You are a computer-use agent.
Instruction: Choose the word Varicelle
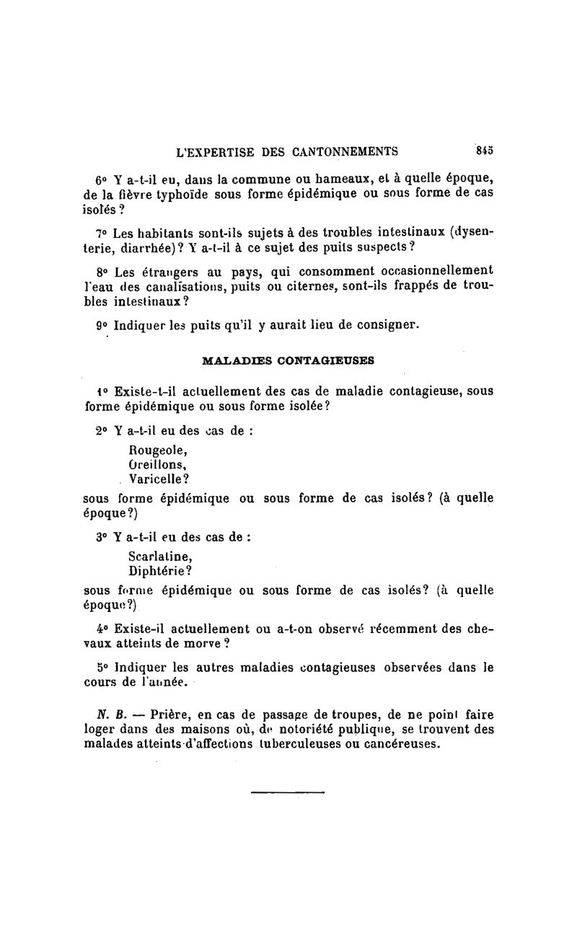pos(159,478)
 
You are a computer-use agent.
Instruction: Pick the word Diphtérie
pos(159,570)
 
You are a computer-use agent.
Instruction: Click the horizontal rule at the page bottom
pos(288,793)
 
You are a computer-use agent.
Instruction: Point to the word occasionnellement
pos(428,271)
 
